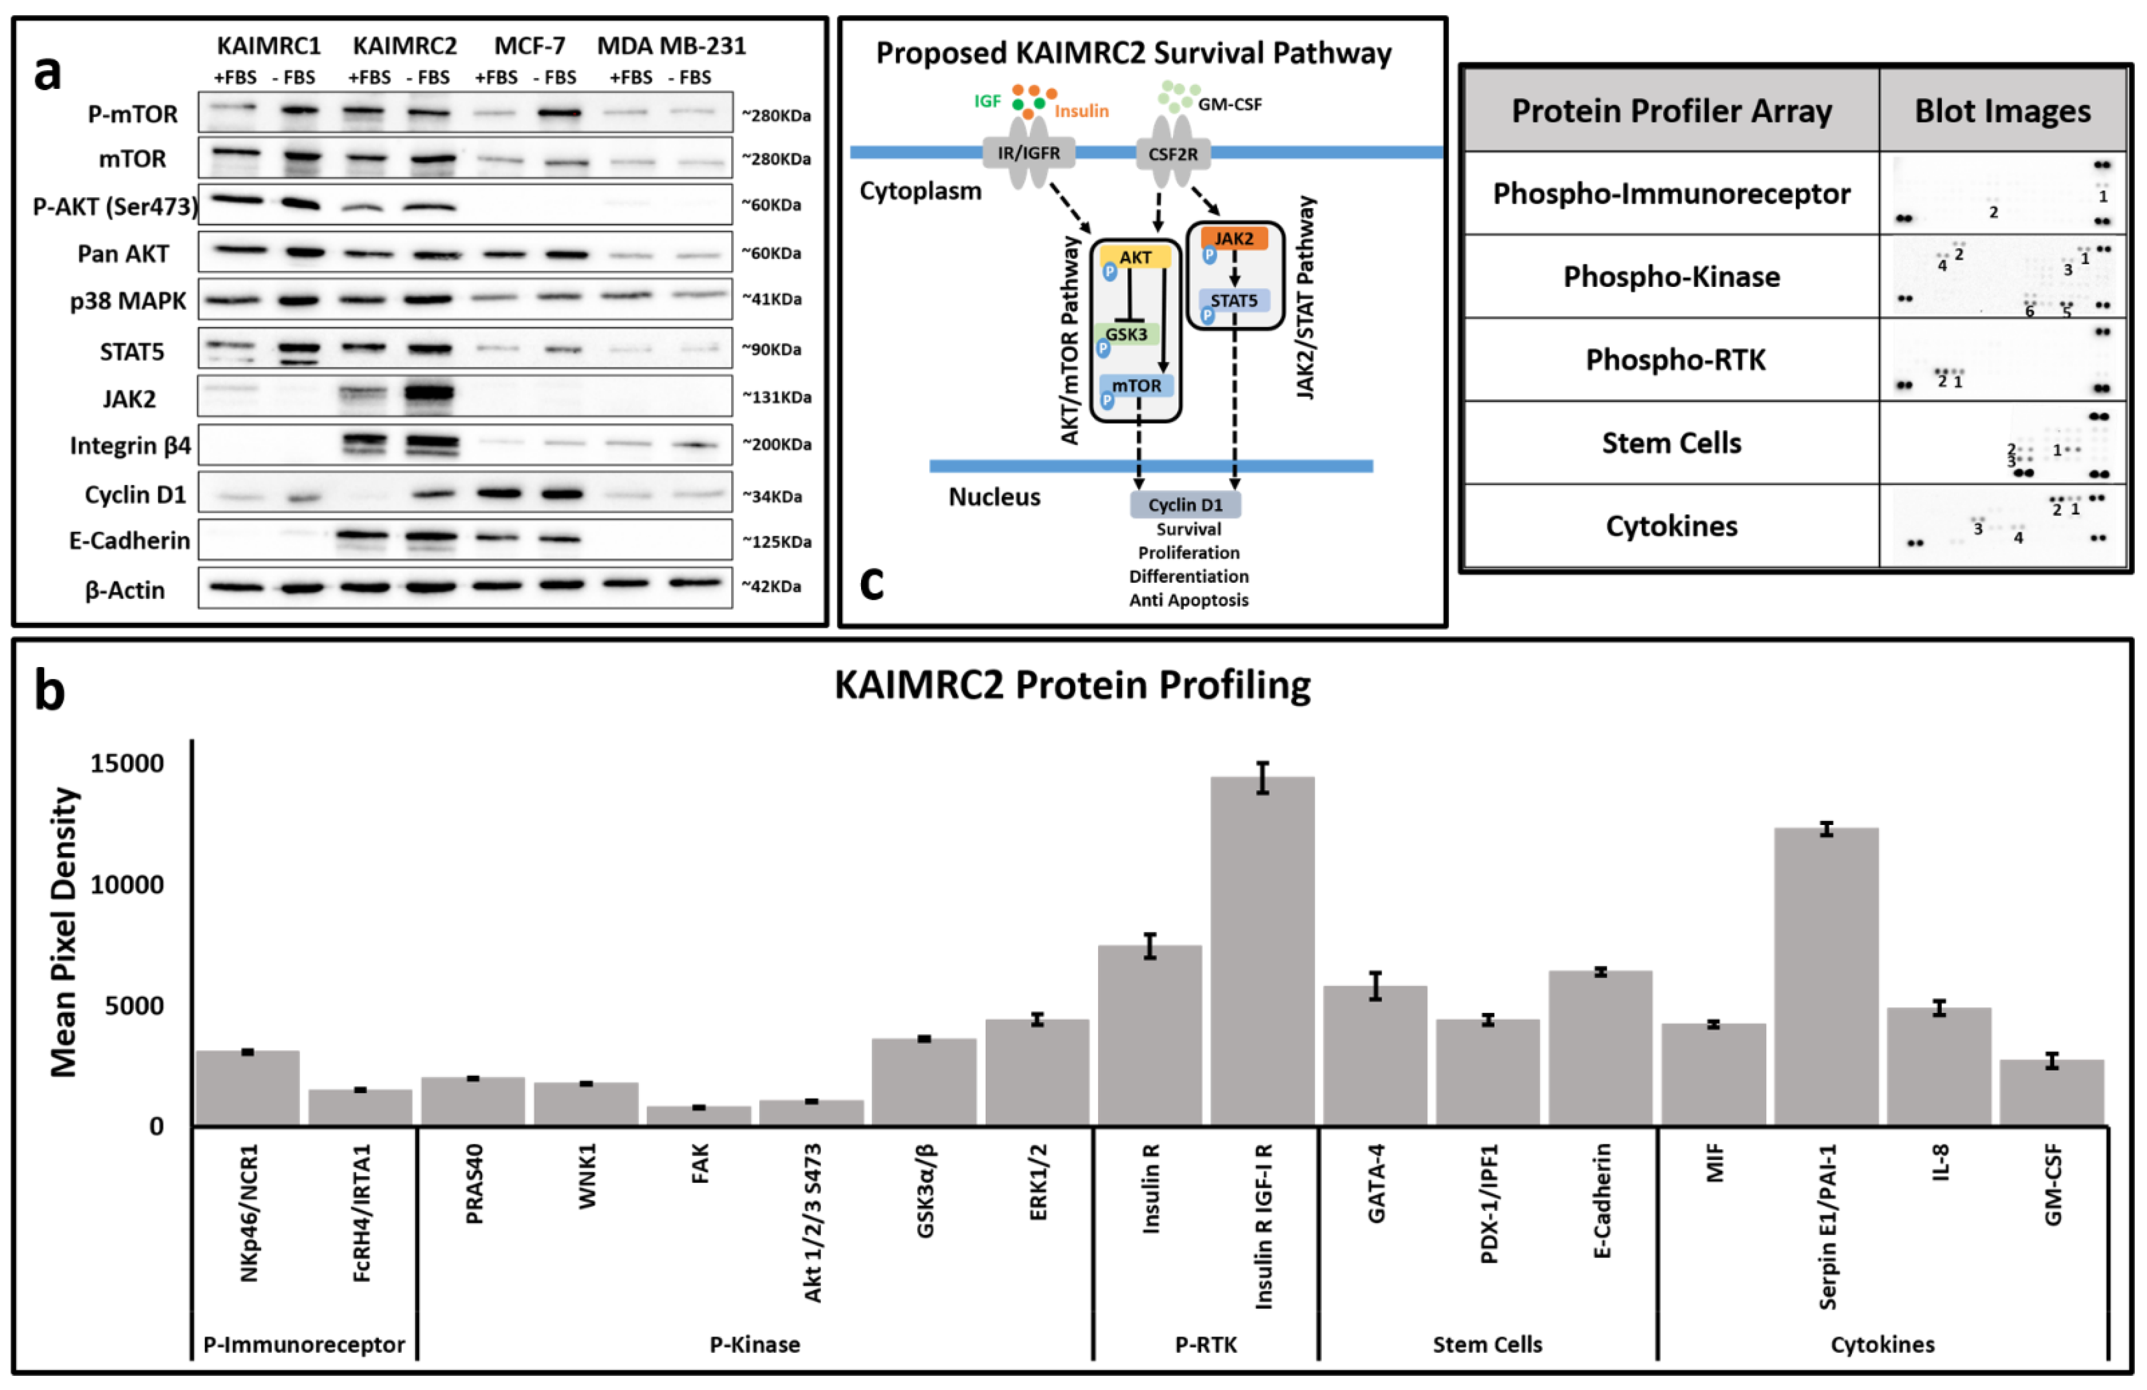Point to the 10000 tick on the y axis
pyautogui.click(x=127, y=885)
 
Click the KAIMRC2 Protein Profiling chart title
pyautogui.click(x=1072, y=686)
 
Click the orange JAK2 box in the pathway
pyautogui.click(x=1233, y=239)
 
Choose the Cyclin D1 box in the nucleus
pyautogui.click(x=1185, y=505)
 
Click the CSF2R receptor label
pyautogui.click(x=1173, y=154)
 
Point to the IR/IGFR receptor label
pyautogui.click(x=1028, y=154)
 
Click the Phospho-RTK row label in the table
pyautogui.click(x=1675, y=360)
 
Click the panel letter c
pyautogui.click(x=871, y=584)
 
